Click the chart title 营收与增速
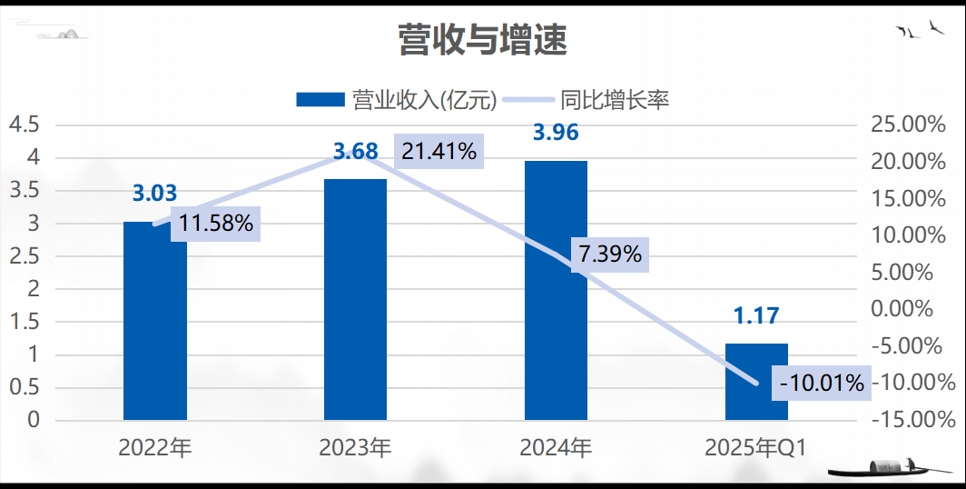482,40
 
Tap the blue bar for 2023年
355,300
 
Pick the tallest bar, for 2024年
556,291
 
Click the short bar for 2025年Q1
756,382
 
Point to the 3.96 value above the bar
556,133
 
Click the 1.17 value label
756,316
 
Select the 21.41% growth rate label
439,152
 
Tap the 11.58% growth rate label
216,223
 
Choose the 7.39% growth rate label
610,254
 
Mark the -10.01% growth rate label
822,383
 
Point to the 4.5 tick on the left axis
24,125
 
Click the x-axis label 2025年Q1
755,447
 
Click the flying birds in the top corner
919,30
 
